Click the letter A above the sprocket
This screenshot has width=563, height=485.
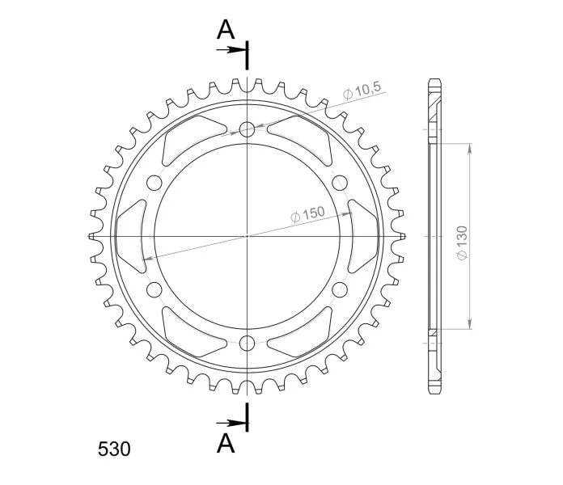[226, 29]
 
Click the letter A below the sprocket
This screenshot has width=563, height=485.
[226, 443]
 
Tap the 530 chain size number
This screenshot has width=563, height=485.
[114, 449]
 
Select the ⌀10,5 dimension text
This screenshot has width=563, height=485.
[362, 90]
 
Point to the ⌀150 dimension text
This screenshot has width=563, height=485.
[307, 214]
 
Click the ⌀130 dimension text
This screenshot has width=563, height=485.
[463, 242]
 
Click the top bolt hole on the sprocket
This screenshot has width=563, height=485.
[247, 129]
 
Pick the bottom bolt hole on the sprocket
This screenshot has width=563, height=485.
[247, 344]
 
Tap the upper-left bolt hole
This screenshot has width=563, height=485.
[155, 183]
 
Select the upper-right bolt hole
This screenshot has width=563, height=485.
[340, 183]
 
